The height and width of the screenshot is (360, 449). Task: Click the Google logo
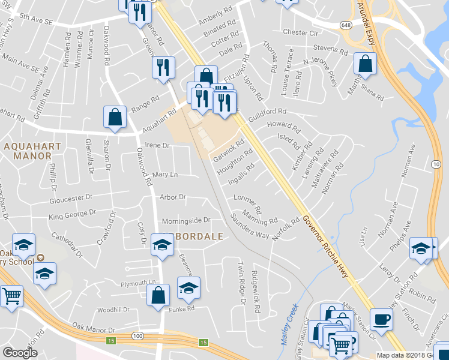(x=20, y=353)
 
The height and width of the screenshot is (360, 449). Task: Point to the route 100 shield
(x=138, y=336)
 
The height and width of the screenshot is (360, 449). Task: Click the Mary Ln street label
(x=165, y=175)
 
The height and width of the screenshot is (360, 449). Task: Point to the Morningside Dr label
(x=185, y=220)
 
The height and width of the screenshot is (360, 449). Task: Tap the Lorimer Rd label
(x=247, y=203)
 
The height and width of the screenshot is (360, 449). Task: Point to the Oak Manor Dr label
(x=94, y=328)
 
